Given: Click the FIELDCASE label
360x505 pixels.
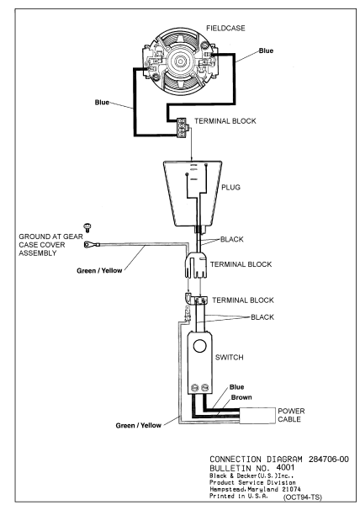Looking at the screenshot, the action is pyautogui.click(x=225, y=29).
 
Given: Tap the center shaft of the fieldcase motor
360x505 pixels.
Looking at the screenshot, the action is pyautogui.click(x=179, y=61).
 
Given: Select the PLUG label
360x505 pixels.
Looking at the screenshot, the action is pyautogui.click(x=230, y=187).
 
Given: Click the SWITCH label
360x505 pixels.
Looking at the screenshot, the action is pyautogui.click(x=229, y=357).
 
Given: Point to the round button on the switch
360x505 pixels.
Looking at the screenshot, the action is pyautogui.click(x=199, y=347).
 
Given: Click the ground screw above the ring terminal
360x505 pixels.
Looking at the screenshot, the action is pyautogui.click(x=87, y=227).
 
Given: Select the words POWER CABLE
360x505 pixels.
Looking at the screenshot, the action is pyautogui.click(x=291, y=415).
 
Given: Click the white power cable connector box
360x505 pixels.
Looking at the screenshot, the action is pyautogui.click(x=257, y=416).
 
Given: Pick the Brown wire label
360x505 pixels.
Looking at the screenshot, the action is pyautogui.click(x=241, y=397).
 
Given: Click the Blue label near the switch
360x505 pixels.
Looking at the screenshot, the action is pyautogui.click(x=237, y=387).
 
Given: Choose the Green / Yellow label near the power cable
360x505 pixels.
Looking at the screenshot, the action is pyautogui.click(x=138, y=425).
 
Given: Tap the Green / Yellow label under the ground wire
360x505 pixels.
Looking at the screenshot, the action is pyautogui.click(x=99, y=270).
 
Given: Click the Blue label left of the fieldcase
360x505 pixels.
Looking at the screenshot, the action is pyautogui.click(x=102, y=103).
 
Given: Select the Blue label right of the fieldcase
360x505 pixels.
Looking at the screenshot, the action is pyautogui.click(x=266, y=50).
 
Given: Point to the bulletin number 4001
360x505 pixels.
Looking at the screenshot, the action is pyautogui.click(x=285, y=467).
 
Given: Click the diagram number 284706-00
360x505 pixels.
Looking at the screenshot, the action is pyautogui.click(x=329, y=460).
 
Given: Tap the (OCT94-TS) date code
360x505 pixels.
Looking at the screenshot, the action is pyautogui.click(x=303, y=497).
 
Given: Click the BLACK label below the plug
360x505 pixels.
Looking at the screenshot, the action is pyautogui.click(x=231, y=239).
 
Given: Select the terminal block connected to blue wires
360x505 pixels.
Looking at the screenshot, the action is pyautogui.click(x=183, y=128).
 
